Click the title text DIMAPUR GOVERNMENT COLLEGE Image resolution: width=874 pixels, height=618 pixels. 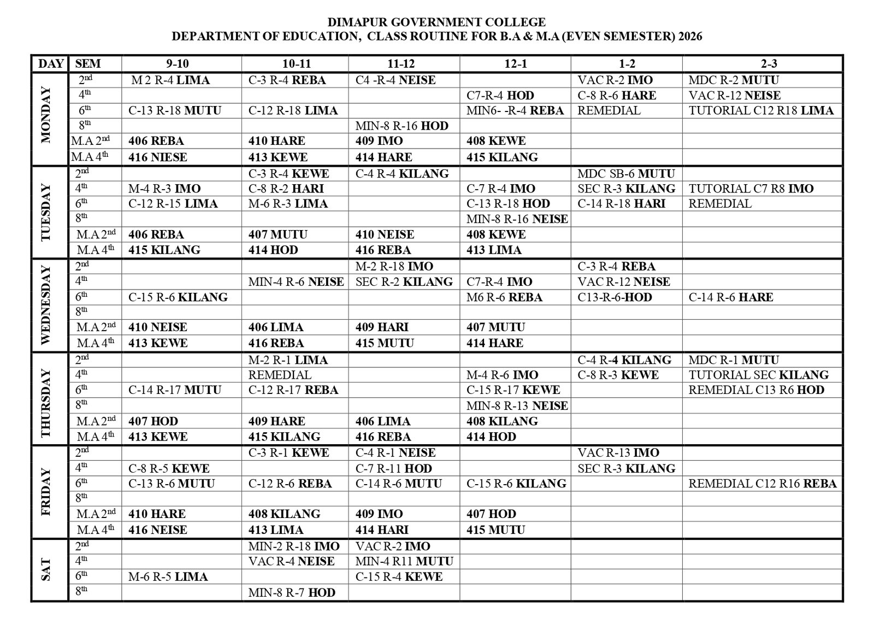click(436, 22)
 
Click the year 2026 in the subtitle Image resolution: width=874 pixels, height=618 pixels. click(690, 37)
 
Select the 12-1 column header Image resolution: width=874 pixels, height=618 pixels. click(515, 63)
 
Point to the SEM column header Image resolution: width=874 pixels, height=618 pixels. click(88, 63)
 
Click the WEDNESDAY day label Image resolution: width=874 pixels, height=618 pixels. click(46, 305)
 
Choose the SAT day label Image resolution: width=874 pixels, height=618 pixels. click(46, 569)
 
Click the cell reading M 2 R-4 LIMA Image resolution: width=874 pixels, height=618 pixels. click(170, 80)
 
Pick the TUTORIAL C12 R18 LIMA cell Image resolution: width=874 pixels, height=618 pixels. click(761, 110)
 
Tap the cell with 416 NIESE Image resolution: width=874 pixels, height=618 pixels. click(158, 157)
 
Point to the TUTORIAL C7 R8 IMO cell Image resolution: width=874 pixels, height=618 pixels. click(751, 189)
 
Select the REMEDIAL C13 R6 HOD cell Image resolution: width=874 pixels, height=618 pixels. click(756, 390)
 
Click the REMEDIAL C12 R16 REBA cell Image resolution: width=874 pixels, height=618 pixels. click(762, 484)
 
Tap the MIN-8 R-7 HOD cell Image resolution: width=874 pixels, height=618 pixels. click(292, 592)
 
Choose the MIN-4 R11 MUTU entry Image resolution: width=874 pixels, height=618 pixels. click(404, 561)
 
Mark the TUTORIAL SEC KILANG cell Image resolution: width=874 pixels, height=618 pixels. click(758, 375)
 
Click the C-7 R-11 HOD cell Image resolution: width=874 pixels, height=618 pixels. click(393, 468)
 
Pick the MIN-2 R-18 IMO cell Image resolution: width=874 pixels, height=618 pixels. click(294, 546)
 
